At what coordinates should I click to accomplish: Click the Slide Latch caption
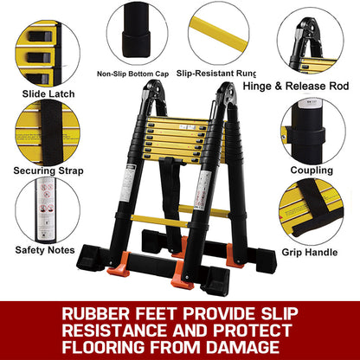[x=48, y=93]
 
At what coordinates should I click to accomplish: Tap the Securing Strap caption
[x=48, y=170]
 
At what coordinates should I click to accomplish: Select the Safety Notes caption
[x=45, y=250]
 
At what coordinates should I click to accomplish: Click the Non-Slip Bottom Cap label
[x=132, y=74]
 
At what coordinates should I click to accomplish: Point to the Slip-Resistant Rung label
[x=216, y=74]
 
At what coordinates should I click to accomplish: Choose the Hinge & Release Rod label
[x=296, y=86]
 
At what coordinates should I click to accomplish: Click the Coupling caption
[x=312, y=170]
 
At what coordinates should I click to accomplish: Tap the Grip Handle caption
[x=310, y=253]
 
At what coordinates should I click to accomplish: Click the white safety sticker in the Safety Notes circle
[x=46, y=210]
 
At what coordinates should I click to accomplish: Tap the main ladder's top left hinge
[x=151, y=92]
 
